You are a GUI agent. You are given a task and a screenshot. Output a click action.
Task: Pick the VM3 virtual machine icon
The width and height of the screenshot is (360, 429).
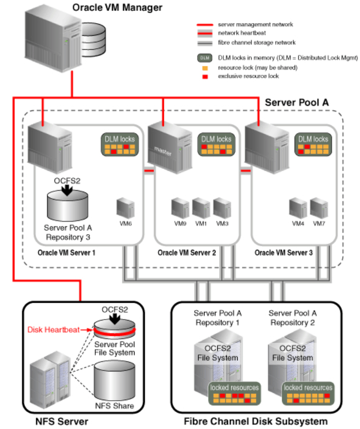point(221,208)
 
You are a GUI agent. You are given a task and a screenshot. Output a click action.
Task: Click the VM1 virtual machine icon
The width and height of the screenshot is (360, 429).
point(201,208)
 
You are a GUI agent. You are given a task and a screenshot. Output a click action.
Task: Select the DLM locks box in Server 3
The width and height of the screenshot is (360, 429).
point(312,145)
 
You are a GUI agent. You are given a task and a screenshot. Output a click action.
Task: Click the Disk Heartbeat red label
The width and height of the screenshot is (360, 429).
point(53,329)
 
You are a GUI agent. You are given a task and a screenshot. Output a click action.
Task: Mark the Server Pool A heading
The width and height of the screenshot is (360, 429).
point(297,102)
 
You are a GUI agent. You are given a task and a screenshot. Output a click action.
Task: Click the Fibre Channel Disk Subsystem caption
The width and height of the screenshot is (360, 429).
point(255,421)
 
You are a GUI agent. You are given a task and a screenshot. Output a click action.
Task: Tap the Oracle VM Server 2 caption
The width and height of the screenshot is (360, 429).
point(187,252)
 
